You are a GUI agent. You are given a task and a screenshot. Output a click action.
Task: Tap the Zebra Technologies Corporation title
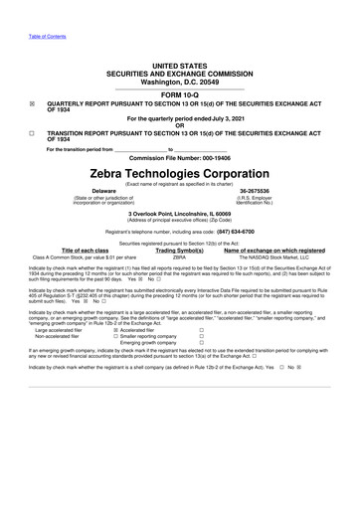point(180,173)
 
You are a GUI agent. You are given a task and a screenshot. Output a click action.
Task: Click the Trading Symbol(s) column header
point(180,251)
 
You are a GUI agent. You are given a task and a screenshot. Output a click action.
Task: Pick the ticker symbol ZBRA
point(180,258)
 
